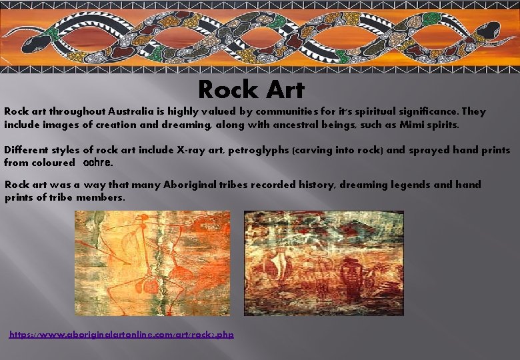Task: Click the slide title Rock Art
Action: pyautogui.click(x=251, y=89)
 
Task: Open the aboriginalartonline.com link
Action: pyautogui.click(x=121, y=333)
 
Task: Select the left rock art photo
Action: pyautogui.click(x=152, y=263)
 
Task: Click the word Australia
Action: pyautogui.click(x=140, y=111)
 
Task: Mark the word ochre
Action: pyautogui.click(x=98, y=162)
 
